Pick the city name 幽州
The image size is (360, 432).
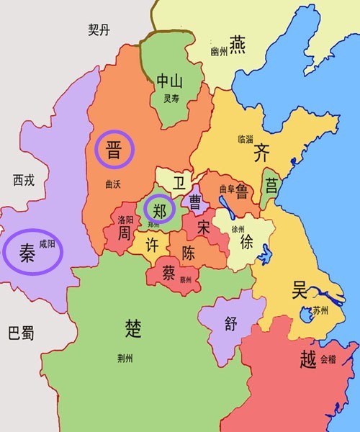[219, 52]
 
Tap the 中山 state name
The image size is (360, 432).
[170, 81]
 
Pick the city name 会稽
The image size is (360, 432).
[328, 358]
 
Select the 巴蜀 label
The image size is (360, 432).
[21, 334]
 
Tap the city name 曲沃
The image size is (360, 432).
[113, 184]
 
